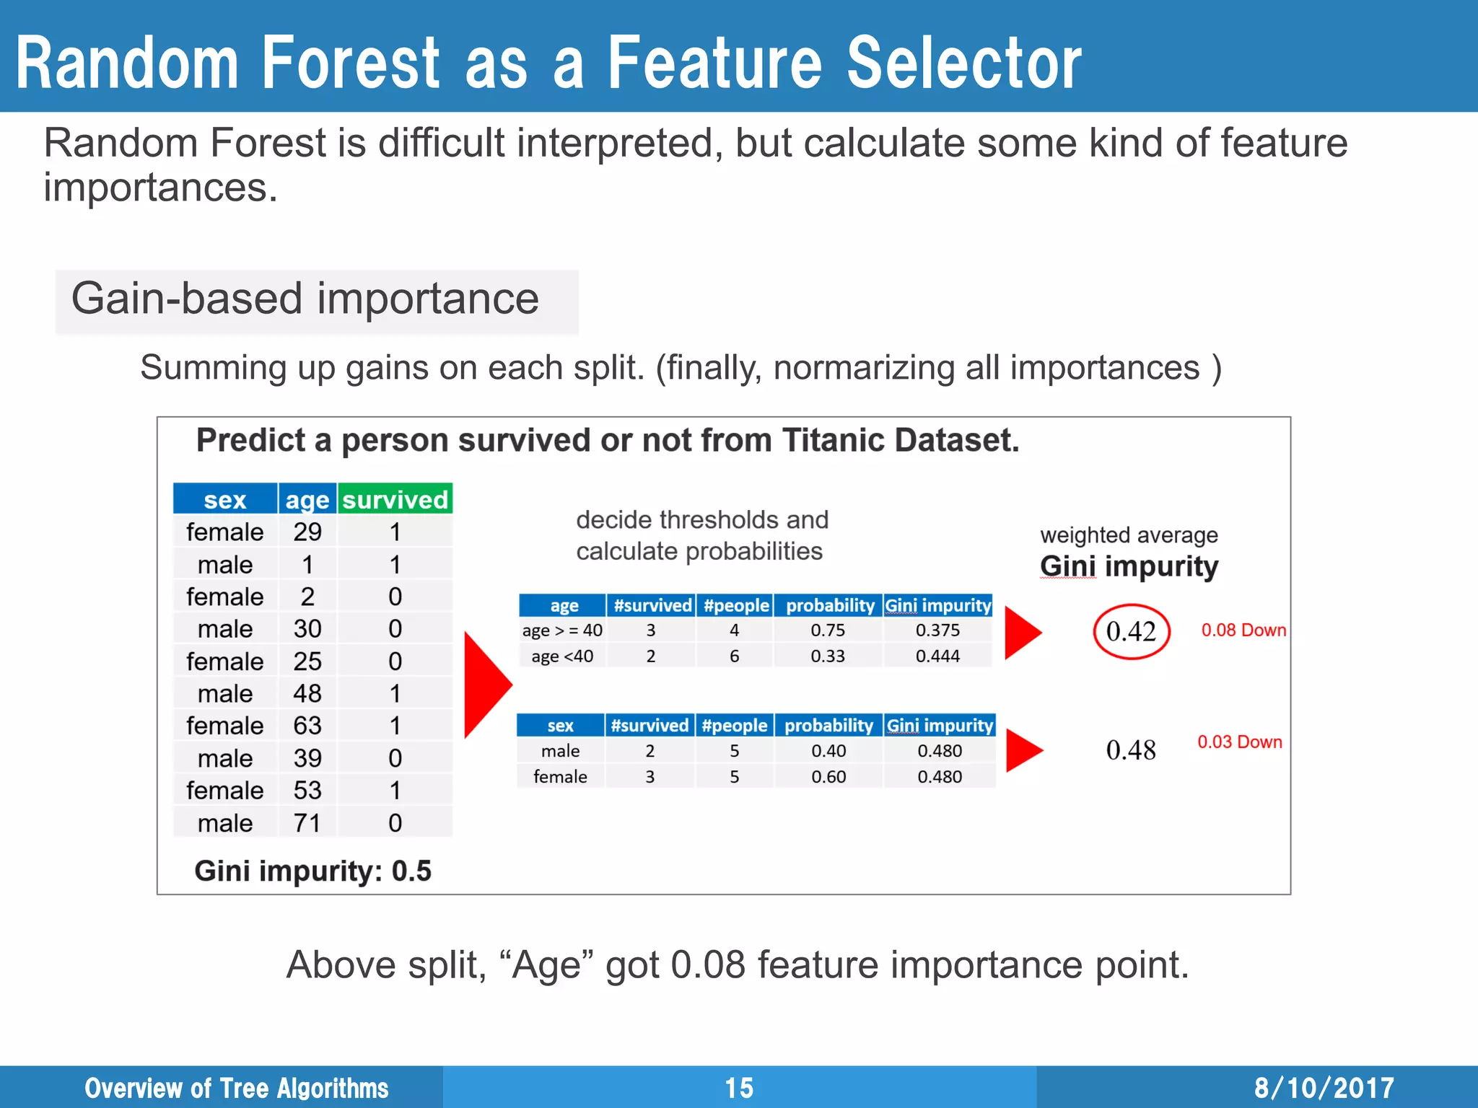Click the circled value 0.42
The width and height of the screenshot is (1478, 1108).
tap(1131, 632)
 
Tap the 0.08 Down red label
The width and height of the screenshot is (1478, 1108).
tap(1243, 630)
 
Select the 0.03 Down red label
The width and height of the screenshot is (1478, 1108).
tap(1239, 742)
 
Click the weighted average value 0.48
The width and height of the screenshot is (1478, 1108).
tap(1130, 750)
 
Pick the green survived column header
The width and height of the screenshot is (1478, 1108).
tap(395, 499)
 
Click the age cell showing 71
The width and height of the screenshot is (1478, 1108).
tap(307, 822)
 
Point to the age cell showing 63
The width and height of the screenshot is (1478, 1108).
tap(307, 726)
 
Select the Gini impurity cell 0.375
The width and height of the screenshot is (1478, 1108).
tap(937, 630)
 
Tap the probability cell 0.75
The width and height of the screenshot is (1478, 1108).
tap(827, 630)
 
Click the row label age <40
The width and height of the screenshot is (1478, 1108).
tap(561, 656)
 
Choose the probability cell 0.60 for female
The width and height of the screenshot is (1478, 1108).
tap(828, 777)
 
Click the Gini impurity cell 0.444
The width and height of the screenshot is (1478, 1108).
tap(937, 656)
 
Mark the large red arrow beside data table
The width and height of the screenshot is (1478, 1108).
tap(485, 685)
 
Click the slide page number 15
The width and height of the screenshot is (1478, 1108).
tap(739, 1088)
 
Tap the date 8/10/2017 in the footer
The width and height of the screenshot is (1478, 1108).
tap(1324, 1088)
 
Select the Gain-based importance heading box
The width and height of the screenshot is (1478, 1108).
tap(316, 300)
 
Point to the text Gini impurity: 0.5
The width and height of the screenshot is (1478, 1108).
tap(312, 871)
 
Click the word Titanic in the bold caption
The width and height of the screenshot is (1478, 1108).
tap(833, 440)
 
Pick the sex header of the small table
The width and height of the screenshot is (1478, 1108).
tap(560, 725)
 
